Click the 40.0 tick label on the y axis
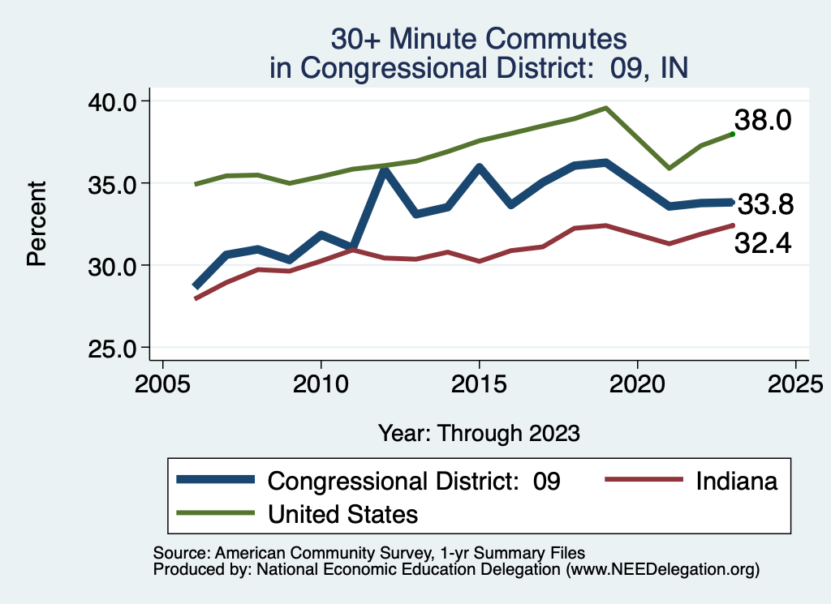[x=112, y=101]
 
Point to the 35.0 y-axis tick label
[x=112, y=183]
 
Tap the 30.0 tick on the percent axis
[x=112, y=266]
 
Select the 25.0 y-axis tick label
[x=112, y=349]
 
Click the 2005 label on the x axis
[x=163, y=381]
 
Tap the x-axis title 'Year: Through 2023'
[x=479, y=433]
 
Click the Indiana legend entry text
[x=736, y=481]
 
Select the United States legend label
[x=342, y=514]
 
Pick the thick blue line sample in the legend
[x=216, y=481]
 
